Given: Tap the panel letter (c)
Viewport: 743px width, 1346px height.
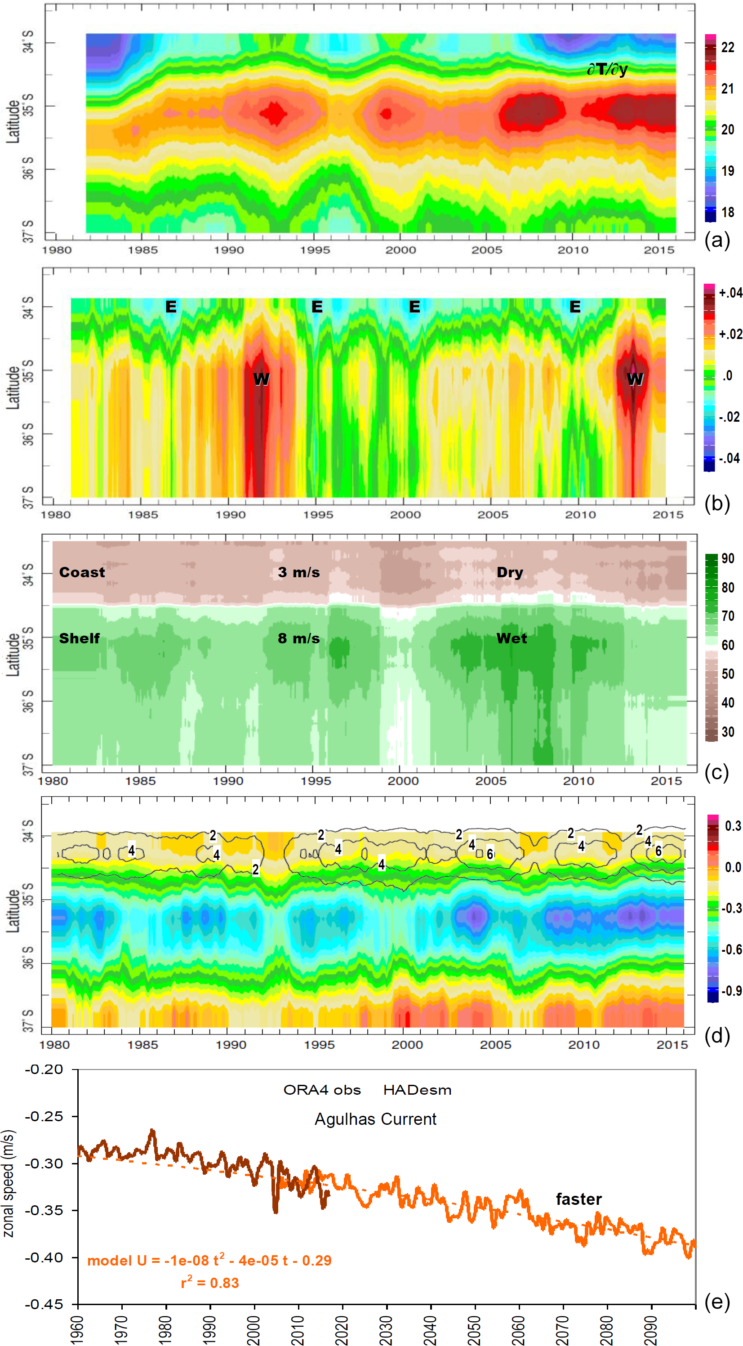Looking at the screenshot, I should [716, 772].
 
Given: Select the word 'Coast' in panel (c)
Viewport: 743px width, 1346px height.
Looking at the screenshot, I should [82, 572].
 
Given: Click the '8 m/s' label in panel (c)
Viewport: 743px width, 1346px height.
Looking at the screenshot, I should [298, 638].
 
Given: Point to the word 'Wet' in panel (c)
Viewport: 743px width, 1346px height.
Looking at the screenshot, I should [512, 638].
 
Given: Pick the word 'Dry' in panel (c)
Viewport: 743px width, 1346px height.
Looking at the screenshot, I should [509, 572].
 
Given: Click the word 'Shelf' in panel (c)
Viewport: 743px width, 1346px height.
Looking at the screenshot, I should [79, 638].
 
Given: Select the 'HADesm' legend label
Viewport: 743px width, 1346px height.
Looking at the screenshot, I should [417, 1089].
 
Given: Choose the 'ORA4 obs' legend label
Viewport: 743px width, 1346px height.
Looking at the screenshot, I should [322, 1089].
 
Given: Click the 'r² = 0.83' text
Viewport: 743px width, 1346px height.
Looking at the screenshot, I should [209, 1283].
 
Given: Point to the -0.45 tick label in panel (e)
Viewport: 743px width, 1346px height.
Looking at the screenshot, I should [44, 1304].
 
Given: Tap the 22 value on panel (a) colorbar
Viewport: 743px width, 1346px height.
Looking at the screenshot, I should [727, 48].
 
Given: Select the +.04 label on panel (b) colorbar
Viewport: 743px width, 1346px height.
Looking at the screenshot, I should [730, 293].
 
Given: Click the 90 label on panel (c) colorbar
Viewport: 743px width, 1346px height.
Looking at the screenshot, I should [727, 558].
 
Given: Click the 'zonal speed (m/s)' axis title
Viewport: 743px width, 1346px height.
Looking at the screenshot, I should [9, 1184].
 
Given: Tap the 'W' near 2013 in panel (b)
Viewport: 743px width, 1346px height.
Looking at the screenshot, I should [635, 379].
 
